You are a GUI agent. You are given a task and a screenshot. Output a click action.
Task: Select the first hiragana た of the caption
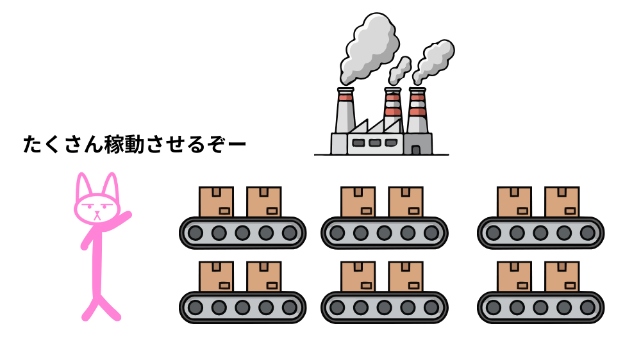tap(32, 145)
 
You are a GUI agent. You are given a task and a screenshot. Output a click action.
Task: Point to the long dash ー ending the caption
tap(236, 145)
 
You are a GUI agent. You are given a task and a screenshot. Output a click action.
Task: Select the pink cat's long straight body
tap(96, 263)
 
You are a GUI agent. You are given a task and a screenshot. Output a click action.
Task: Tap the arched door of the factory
tap(416, 149)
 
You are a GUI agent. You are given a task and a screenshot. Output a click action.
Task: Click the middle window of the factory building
tap(375, 143)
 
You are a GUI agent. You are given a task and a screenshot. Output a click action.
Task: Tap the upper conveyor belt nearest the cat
tap(242, 232)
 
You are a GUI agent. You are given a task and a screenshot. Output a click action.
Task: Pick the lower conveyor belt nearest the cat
tap(242, 307)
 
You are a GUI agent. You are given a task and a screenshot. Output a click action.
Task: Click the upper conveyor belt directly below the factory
tap(384, 232)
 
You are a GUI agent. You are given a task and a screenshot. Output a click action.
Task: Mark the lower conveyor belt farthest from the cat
tap(540, 307)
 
